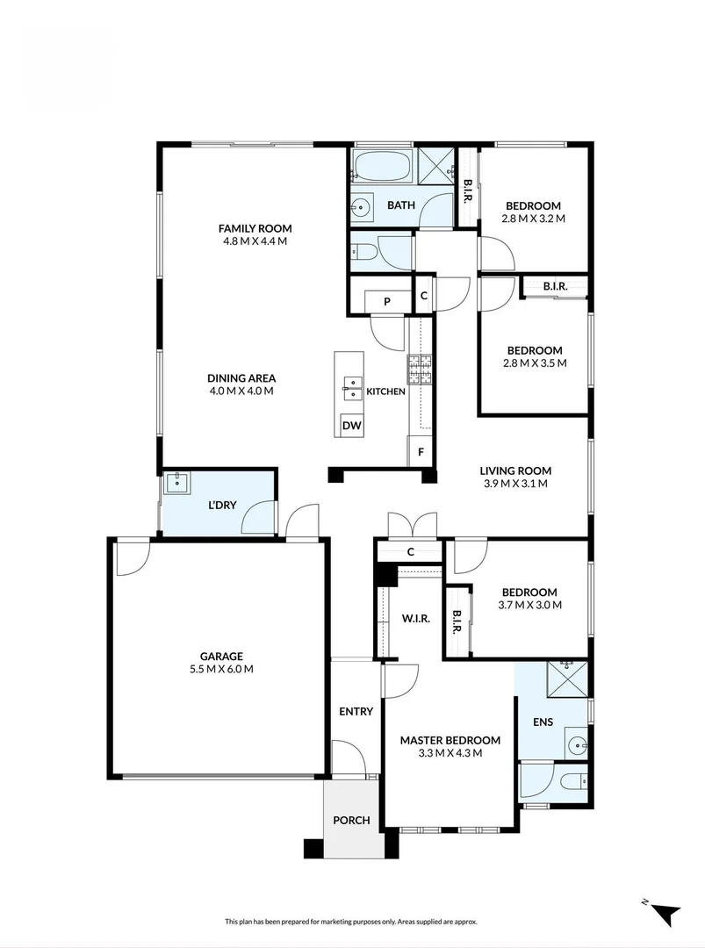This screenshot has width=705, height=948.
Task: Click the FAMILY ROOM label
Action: point(255,228)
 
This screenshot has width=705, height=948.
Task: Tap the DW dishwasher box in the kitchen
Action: point(352,426)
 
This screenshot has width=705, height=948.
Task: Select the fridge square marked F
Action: point(421,452)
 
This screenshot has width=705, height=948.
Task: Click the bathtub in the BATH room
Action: point(382,166)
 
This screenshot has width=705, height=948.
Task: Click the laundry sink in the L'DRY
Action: point(178,481)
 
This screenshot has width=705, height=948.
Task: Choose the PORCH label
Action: point(351,821)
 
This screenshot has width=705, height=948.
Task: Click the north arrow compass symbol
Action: point(665,912)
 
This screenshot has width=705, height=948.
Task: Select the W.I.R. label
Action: point(416,619)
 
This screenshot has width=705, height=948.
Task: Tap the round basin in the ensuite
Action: point(577,746)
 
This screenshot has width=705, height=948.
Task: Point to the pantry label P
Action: point(386,301)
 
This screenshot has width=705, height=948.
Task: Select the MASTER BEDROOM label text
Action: point(450,740)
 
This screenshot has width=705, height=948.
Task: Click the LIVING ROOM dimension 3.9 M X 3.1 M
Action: point(515,484)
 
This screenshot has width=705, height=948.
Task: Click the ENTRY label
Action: point(356,711)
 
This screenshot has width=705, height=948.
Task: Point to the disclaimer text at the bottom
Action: point(351,922)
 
